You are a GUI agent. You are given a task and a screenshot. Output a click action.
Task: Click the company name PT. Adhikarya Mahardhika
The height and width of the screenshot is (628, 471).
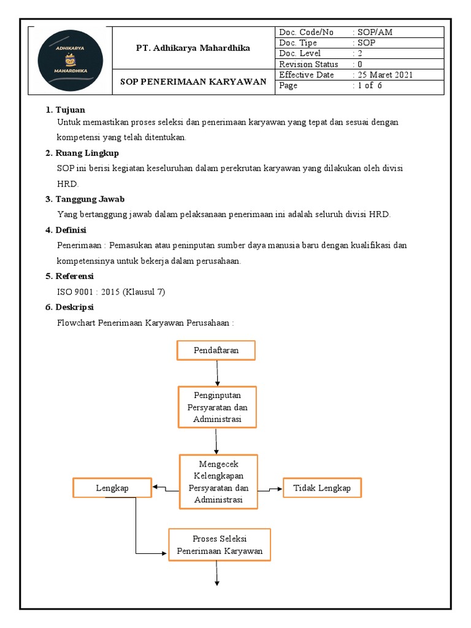point(193,48)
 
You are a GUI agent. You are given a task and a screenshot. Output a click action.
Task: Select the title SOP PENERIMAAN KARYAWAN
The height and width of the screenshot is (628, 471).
point(193,82)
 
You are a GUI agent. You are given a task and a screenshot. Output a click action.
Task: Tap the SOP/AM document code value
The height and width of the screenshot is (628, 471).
point(370,33)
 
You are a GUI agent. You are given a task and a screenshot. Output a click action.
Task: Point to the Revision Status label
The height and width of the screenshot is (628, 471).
point(308,64)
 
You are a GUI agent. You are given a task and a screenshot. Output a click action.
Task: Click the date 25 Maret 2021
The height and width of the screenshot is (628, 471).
point(386,75)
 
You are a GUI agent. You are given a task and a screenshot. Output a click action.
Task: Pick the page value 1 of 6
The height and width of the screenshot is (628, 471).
point(370,86)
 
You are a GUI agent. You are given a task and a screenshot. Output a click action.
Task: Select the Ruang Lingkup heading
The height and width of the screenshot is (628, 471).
point(87,153)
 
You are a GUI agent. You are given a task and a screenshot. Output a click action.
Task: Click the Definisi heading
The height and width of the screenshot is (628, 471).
point(71,230)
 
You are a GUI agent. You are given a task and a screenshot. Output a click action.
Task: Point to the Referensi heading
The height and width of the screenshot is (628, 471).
point(74,276)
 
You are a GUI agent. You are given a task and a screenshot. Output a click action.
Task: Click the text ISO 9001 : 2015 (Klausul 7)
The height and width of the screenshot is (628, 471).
point(111,292)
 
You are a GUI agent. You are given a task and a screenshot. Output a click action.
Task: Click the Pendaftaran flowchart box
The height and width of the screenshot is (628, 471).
point(216,350)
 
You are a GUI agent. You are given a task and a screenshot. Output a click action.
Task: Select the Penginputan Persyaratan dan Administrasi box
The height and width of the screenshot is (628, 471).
point(217,407)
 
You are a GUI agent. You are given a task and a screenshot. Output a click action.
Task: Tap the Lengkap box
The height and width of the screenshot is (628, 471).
point(112,488)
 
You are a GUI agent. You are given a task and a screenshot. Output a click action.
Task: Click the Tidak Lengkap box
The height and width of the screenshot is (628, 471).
point(322,488)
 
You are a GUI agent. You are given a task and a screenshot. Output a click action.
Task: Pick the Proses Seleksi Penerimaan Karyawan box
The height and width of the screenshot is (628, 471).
point(220,545)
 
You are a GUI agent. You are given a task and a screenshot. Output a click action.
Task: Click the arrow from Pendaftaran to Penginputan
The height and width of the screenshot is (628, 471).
point(217,372)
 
